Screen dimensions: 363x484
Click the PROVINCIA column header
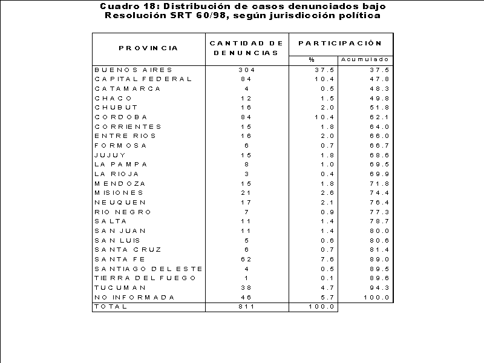(148, 48)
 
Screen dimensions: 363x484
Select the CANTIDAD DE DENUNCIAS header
(246, 48)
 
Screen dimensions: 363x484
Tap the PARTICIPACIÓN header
(340, 43)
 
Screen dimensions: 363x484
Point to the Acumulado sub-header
(365, 59)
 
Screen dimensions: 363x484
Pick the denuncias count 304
(247, 70)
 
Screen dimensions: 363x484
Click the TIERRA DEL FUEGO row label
(145, 278)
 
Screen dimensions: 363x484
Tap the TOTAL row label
(111, 306)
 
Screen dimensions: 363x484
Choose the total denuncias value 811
(247, 306)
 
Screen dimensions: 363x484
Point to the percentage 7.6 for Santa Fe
(327, 259)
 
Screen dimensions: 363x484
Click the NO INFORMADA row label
(134, 297)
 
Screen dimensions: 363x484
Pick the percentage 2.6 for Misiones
(327, 192)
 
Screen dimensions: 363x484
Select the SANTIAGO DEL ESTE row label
(148, 269)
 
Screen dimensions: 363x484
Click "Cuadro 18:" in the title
(131, 6)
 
